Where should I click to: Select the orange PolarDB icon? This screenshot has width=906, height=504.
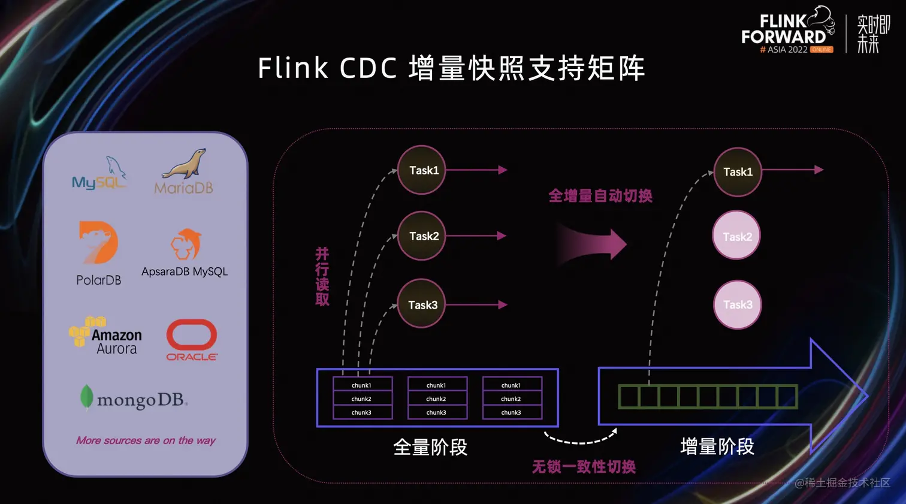pos(99,243)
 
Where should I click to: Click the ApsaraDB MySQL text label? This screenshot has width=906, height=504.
pos(185,271)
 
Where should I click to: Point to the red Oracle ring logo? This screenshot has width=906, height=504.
pos(192,335)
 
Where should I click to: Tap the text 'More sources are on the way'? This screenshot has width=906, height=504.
pos(146,440)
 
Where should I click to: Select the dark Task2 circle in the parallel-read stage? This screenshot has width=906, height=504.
pos(422,236)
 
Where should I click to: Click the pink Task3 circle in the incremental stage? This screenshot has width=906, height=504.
pos(737,305)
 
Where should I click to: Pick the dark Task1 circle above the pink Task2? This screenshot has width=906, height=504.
pos(737,172)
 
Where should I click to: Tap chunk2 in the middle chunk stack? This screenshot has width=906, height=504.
pos(436,399)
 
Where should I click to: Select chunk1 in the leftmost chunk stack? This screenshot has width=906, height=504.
pos(361,385)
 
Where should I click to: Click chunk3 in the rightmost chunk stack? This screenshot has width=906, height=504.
pos(511,412)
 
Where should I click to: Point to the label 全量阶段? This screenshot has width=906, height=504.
pos(430,447)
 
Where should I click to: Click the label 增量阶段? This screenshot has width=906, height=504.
pos(717,447)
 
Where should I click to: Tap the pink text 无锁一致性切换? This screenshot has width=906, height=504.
pos(584,467)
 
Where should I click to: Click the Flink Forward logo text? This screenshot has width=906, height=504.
pos(783,30)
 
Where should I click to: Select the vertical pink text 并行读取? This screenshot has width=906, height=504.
pos(322,277)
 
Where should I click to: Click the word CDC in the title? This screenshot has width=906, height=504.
pos(368,68)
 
